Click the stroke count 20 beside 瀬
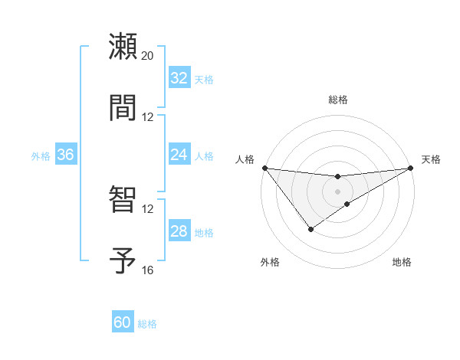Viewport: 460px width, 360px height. [x=148, y=56]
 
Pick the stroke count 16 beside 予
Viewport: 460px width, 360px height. [x=148, y=270]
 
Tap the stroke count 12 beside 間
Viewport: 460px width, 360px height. [x=148, y=117]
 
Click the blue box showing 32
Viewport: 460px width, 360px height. [x=179, y=78]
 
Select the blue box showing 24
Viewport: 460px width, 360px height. [x=179, y=155]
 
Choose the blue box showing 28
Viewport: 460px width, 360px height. [x=179, y=231]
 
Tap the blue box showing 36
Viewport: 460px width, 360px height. [x=65, y=155]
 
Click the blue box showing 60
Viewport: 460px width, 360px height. [x=123, y=322]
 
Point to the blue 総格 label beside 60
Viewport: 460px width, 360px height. [x=147, y=324]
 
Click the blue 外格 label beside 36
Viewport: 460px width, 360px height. [x=41, y=156]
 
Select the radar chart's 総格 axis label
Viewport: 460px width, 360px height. [x=338, y=100]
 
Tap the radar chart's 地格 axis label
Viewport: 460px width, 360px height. [x=402, y=263]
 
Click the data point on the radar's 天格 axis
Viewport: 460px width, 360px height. [x=410, y=168]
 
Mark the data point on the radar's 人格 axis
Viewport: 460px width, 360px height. [x=264, y=168]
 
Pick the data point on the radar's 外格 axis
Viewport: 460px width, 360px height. [x=310, y=229]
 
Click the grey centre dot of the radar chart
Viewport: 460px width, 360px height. [x=337, y=191]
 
